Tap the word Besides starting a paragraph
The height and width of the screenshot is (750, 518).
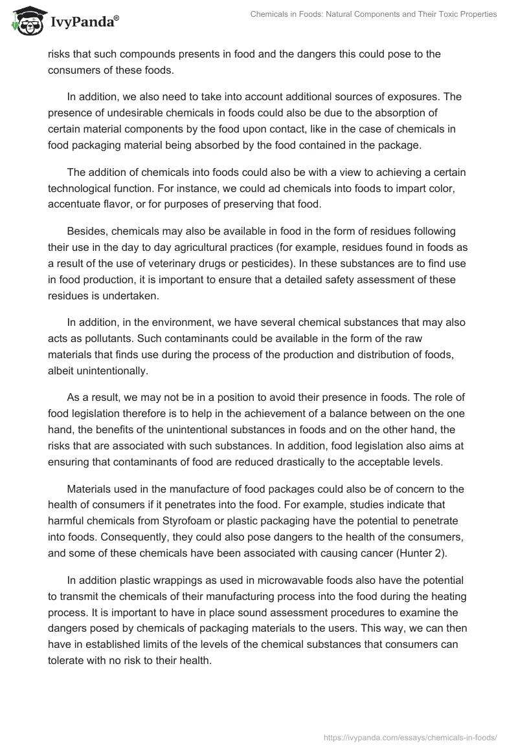[x=86, y=230]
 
